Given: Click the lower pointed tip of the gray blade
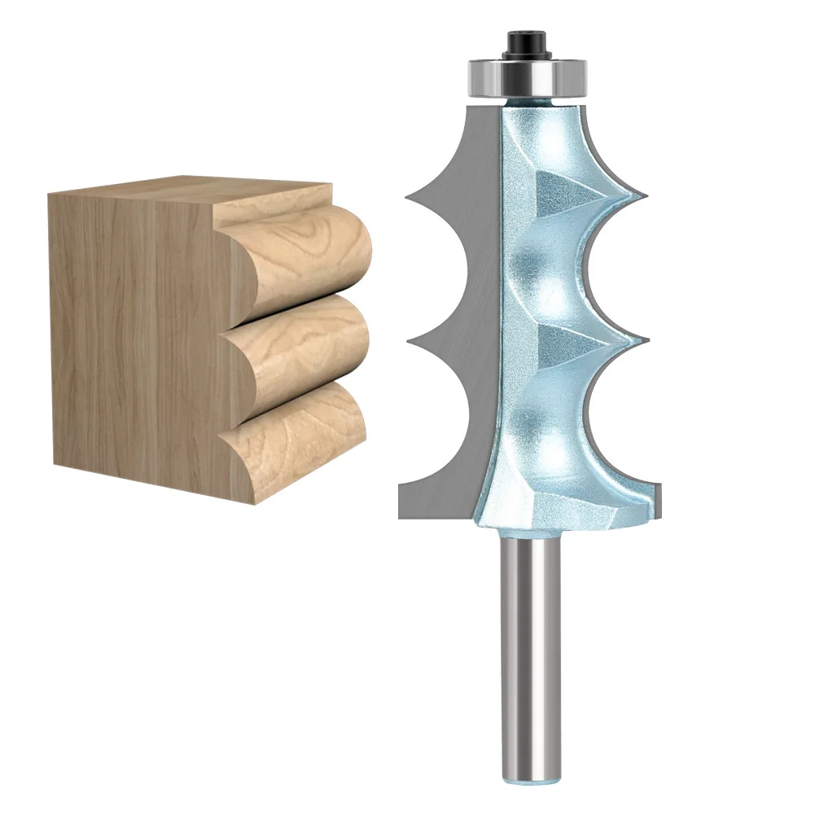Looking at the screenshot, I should tap(409, 340).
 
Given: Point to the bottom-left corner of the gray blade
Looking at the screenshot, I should tap(401, 515).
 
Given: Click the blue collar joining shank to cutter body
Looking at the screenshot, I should tap(530, 534).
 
